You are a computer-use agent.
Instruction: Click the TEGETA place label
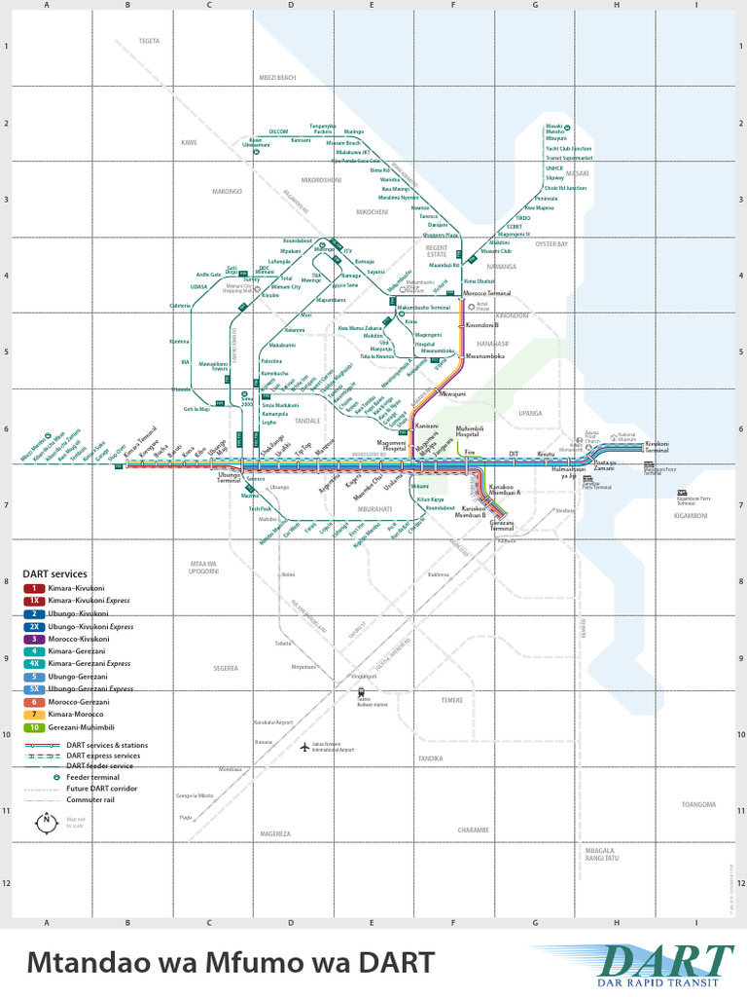pos(149,41)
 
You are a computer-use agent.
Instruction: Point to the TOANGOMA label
pos(698,805)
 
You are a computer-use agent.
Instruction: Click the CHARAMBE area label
pos(473,830)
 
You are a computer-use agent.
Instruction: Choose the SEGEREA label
pos(226,669)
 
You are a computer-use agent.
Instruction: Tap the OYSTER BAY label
pos(551,244)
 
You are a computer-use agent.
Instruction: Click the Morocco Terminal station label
pos(486,293)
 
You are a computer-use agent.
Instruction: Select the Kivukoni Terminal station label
pos(658,447)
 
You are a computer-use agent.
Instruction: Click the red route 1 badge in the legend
pos(34,589)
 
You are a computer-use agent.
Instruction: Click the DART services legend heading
pos(55,574)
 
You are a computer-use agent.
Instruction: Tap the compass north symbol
pos(46,823)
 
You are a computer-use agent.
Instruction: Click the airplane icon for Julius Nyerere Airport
pos(304,747)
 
